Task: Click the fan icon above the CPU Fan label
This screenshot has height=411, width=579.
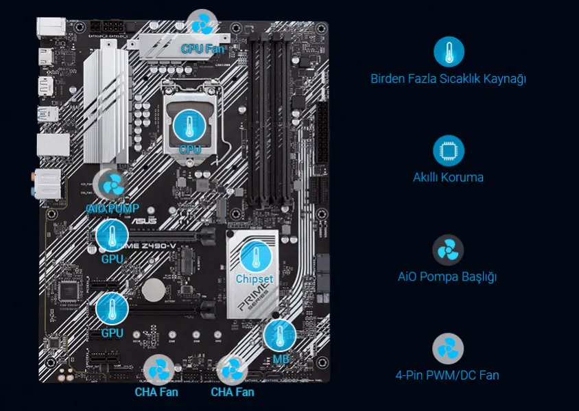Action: click(x=202, y=25)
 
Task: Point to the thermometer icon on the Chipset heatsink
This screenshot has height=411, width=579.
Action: click(x=255, y=257)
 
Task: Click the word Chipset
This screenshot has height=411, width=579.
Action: click(x=255, y=279)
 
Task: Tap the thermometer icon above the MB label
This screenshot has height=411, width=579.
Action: click(x=280, y=336)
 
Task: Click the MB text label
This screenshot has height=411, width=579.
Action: click(x=281, y=359)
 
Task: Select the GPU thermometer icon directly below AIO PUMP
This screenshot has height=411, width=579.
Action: click(x=112, y=236)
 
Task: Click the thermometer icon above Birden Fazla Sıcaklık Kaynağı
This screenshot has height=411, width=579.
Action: click(x=449, y=51)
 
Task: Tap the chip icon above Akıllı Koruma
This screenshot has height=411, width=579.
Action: click(x=449, y=150)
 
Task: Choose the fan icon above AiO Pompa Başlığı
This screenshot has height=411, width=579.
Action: click(x=448, y=250)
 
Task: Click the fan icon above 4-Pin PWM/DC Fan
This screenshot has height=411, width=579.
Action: click(x=448, y=349)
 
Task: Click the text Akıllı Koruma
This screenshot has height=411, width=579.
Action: click(x=448, y=177)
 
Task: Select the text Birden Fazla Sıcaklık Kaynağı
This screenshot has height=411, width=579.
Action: click(x=448, y=79)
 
